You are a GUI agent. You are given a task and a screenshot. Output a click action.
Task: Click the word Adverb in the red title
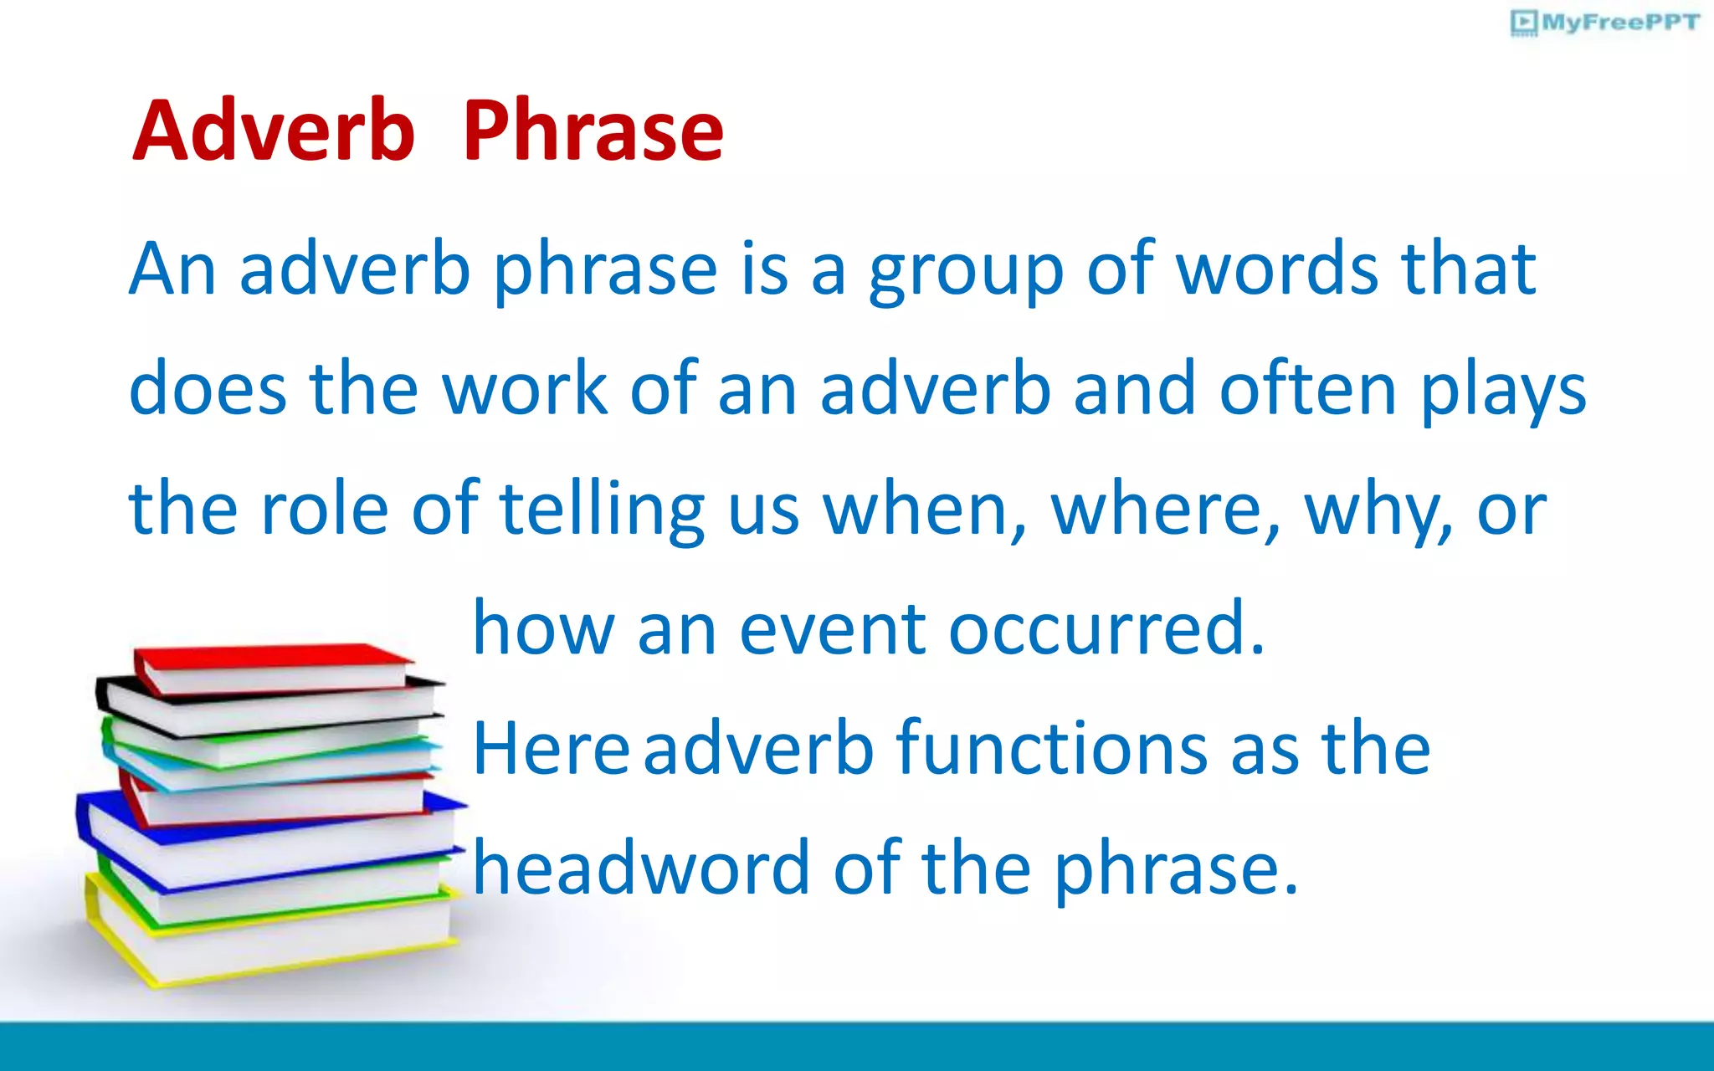click(274, 131)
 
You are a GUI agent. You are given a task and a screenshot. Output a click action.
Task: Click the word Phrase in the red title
click(593, 131)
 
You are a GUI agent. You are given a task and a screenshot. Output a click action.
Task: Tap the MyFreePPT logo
click(1605, 23)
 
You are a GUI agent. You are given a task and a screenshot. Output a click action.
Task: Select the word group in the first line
click(965, 272)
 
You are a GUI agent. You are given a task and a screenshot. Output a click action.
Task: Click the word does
click(208, 389)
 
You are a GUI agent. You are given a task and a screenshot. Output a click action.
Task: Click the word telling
click(602, 510)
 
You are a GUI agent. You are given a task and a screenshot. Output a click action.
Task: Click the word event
click(832, 629)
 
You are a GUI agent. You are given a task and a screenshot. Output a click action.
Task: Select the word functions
click(1051, 749)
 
